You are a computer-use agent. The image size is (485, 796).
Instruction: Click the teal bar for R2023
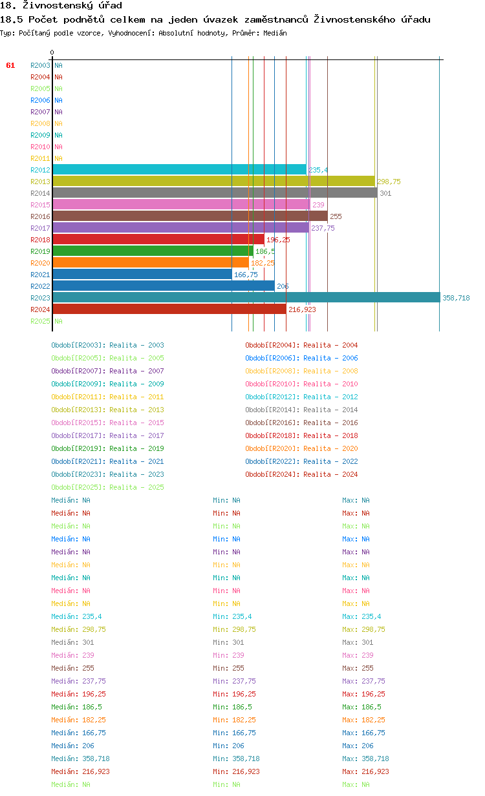click(x=246, y=297)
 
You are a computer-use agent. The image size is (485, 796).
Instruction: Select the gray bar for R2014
click(x=215, y=193)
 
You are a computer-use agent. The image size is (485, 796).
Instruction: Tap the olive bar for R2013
click(x=213, y=181)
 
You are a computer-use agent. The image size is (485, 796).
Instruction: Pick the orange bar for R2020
click(x=151, y=262)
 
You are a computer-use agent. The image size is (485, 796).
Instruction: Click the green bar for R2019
click(x=153, y=251)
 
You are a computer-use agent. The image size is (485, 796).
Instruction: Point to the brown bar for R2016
click(x=190, y=216)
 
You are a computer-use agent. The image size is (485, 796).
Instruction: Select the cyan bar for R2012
click(x=179, y=169)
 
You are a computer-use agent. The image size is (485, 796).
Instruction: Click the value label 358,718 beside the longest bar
click(x=456, y=298)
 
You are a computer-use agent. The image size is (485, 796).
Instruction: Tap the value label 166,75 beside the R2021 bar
click(x=246, y=275)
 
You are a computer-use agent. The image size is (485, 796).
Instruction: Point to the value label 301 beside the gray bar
click(x=385, y=193)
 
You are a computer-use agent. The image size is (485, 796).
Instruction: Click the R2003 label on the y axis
click(x=40, y=65)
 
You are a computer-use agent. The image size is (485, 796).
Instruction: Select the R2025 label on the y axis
click(x=40, y=321)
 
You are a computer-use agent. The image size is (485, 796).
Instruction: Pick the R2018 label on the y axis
click(x=40, y=240)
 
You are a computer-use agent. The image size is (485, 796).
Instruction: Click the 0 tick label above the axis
click(x=52, y=52)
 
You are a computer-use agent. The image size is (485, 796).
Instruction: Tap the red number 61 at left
click(x=10, y=65)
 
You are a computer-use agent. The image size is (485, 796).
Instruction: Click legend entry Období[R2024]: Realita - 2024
click(x=301, y=474)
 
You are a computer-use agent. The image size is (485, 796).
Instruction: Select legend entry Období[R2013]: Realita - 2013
click(x=107, y=410)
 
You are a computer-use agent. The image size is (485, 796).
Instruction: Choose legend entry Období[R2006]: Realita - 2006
click(x=301, y=358)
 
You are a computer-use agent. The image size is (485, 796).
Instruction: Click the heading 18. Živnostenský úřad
click(x=61, y=6)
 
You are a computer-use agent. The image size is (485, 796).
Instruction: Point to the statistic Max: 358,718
click(x=365, y=759)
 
